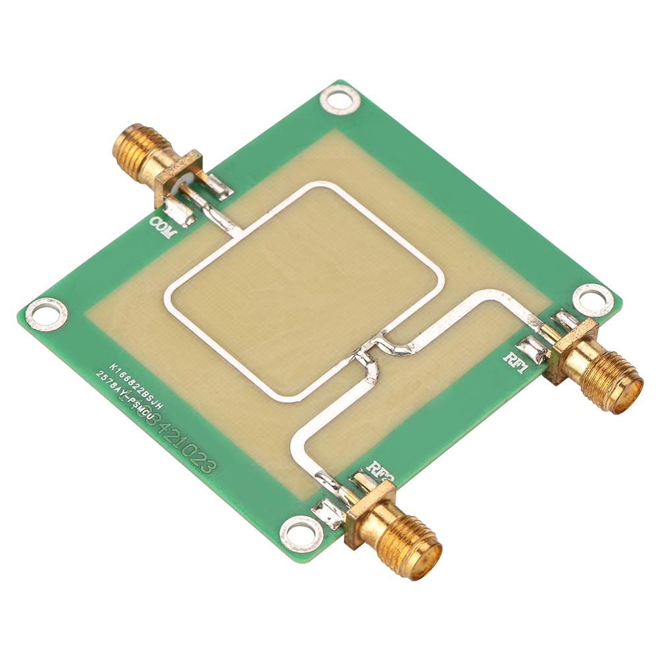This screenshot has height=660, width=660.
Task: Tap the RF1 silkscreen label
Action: (516, 362)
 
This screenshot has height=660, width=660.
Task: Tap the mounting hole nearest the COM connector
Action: (340, 100)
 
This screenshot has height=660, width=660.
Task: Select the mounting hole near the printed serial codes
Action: (46, 311)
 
